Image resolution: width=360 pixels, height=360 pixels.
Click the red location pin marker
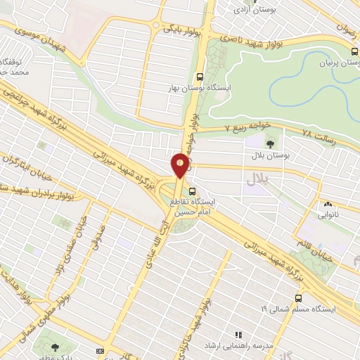click(180, 165)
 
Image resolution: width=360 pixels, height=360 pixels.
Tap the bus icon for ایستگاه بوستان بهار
click(200, 77)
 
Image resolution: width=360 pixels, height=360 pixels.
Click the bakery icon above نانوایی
click(327, 205)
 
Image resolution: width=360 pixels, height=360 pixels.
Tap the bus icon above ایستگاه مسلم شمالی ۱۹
click(298, 298)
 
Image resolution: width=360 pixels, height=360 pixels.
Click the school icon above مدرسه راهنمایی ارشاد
click(238, 334)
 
